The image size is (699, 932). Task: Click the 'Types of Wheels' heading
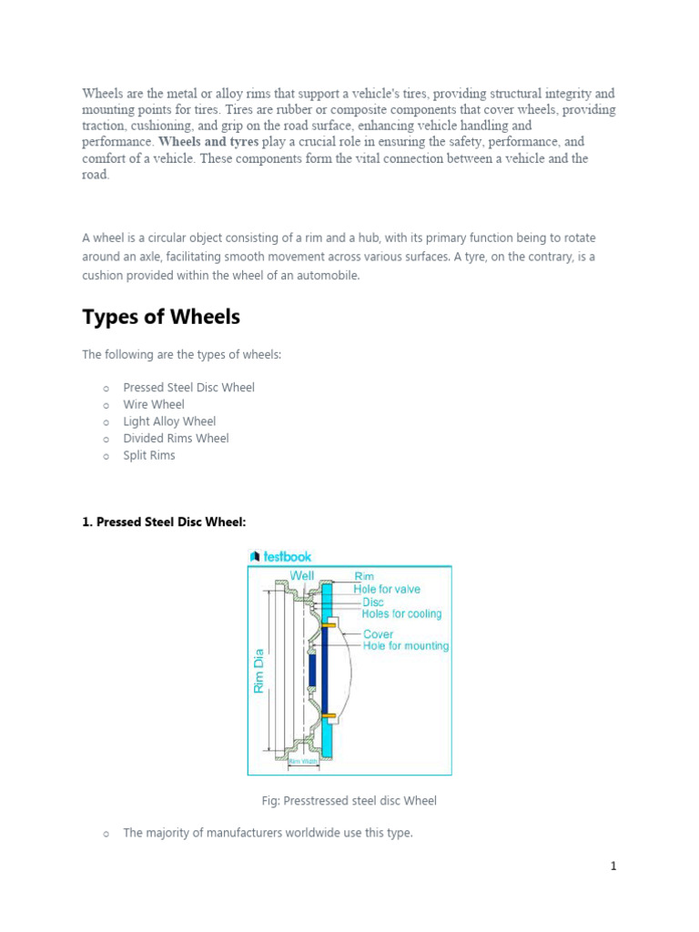pos(161,317)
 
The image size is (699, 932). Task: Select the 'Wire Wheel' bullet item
pos(154,404)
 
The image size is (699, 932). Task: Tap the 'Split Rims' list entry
pos(149,455)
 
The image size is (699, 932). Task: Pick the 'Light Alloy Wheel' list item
pos(169,421)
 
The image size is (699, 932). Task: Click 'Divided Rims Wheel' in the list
pos(176,438)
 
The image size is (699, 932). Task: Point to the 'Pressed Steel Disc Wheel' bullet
pos(188,387)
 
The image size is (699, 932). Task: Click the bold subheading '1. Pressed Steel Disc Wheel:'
pos(165,522)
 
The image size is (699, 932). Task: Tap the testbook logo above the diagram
pos(280,556)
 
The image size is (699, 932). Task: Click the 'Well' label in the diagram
pos(301,575)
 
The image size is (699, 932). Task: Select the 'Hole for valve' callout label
pos(387,589)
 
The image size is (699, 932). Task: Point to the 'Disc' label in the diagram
pos(373,602)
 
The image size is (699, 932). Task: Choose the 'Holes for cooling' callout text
pos(401,614)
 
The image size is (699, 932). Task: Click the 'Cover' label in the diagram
pos(379,634)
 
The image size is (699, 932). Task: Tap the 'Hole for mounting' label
pos(406,646)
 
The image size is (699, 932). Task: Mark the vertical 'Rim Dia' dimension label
pos(258,671)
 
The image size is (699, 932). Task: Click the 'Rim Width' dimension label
pos(304,761)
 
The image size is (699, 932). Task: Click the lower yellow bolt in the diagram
pos(329,716)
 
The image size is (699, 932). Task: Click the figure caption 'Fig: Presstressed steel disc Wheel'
pos(349,801)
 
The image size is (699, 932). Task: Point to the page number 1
pos(613,866)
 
